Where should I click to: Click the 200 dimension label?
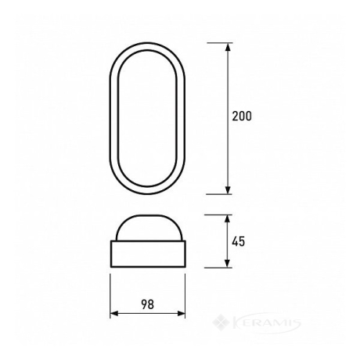pos(242,116)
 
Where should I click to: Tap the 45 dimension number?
pos(239,242)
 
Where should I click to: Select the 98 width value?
pos(148,304)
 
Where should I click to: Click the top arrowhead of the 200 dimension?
pos(228,47)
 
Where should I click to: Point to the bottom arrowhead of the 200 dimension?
pos(228,190)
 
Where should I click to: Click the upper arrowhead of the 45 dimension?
pos(228,219)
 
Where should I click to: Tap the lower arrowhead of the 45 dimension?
pos(228,263)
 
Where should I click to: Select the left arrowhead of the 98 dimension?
pos(114,314)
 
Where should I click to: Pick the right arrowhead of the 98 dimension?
pos(181,314)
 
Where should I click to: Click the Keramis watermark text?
pos(266,323)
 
